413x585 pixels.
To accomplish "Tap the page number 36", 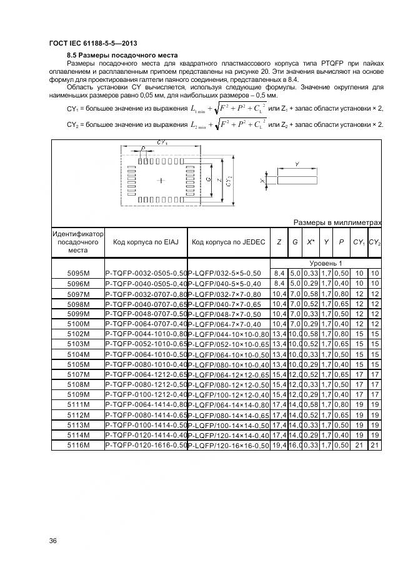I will (53, 540).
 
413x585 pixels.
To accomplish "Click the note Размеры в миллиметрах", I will (337, 222).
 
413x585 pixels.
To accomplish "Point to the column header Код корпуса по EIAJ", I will (145, 242).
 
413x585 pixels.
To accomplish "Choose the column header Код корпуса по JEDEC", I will (228, 242).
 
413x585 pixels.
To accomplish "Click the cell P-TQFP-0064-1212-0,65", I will (146, 373).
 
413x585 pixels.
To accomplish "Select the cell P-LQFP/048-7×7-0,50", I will (229, 313).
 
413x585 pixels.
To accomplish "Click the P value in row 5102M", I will (341, 334).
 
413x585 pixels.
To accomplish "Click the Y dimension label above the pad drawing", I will (296, 164).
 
